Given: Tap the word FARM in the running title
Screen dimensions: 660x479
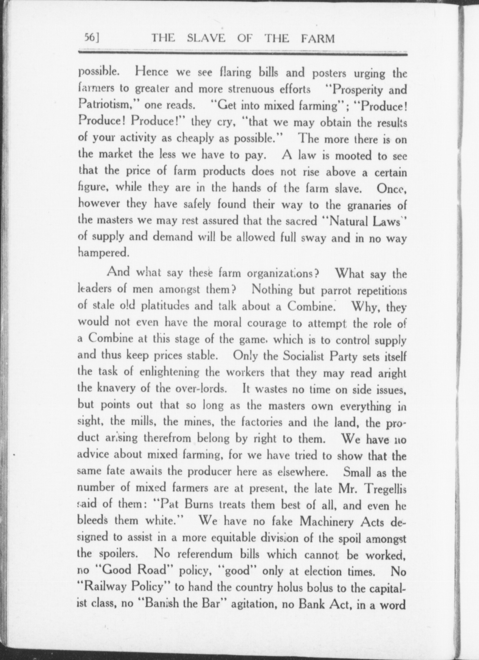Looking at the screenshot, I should pyautogui.click(x=318, y=39).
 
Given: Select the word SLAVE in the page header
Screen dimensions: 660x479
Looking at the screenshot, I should pyautogui.click(x=206, y=39).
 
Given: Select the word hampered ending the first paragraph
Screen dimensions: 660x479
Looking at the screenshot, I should pyautogui.click(x=103, y=253).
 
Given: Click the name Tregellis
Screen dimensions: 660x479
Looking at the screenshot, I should pyautogui.click(x=383, y=489).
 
